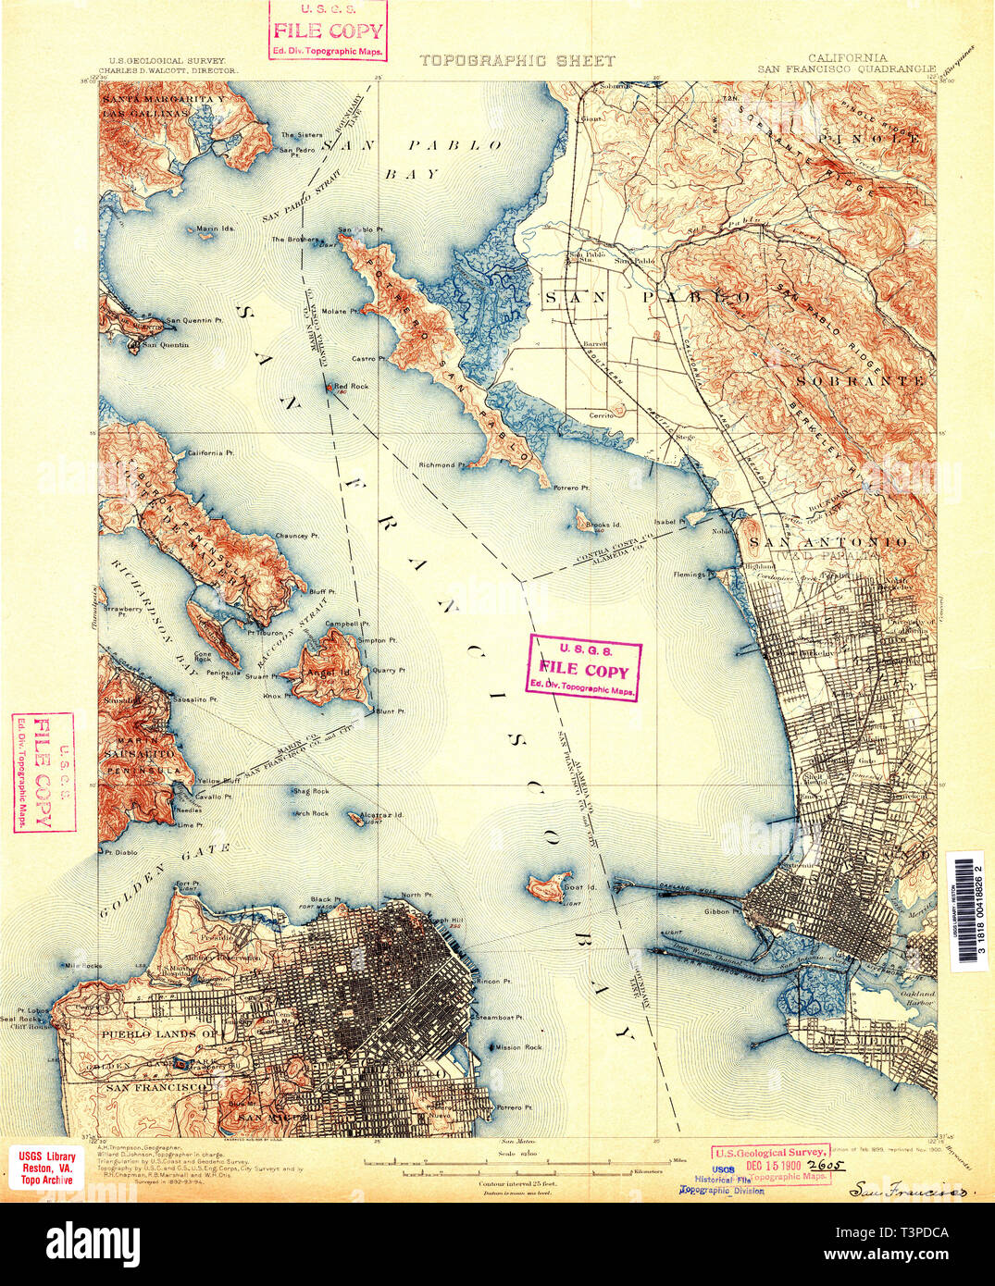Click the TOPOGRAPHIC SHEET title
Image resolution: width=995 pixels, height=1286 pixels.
point(516,61)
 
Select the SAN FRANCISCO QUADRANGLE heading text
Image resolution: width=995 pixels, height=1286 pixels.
point(847,68)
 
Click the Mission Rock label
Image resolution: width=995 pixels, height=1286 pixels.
point(513,1047)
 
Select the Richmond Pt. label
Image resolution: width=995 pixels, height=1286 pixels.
point(437,464)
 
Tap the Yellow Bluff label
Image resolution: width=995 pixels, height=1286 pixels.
point(219,781)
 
